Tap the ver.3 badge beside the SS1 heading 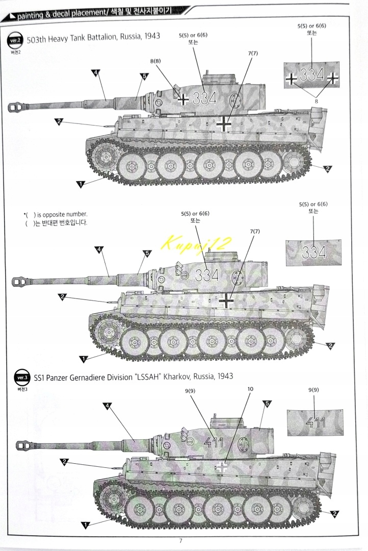tap(21, 378)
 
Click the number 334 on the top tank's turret tap(204, 98)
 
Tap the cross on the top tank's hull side tap(223, 123)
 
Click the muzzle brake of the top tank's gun tap(18, 107)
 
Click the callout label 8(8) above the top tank tap(155, 61)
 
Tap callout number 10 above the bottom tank tap(250, 388)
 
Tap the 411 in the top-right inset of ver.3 tap(315, 422)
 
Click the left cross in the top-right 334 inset tap(291, 79)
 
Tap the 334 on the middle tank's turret tap(206, 275)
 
